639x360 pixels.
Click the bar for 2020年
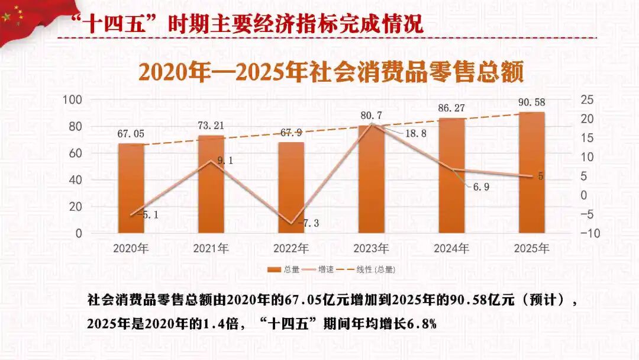[131, 188]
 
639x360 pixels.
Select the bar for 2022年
[291, 188]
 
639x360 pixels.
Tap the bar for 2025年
[531, 172]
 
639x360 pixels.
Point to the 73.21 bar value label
[211, 126]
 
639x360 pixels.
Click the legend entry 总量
[283, 269]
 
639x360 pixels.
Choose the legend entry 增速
[319, 269]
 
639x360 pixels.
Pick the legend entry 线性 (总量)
[368, 269]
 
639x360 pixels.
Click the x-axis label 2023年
[371, 248]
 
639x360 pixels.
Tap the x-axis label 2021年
[211, 248]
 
